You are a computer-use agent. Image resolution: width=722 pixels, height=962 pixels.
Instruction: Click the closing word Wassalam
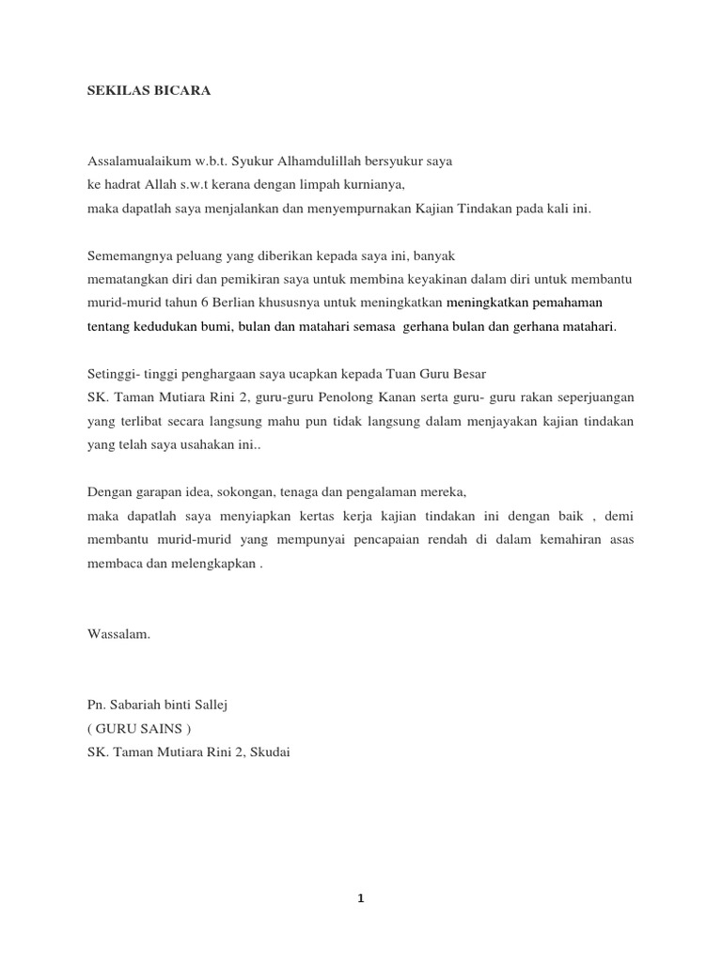click(x=118, y=633)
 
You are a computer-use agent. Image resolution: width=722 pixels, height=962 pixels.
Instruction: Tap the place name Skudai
click(x=269, y=752)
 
